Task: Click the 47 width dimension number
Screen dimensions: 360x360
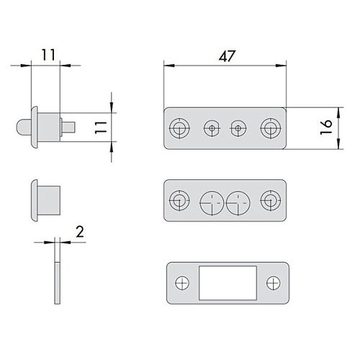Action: pos(227,56)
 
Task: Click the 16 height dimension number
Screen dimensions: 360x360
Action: pos(326,127)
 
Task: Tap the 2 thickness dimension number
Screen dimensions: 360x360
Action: pos(80,232)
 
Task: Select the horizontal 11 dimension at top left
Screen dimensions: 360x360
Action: pos(49,55)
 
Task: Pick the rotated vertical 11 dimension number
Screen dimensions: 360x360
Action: pos(101,127)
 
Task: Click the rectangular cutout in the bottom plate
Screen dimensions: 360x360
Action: pos(228,283)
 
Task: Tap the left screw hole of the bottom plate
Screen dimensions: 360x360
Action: pos(182,283)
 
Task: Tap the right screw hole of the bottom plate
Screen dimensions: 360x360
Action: pos(274,283)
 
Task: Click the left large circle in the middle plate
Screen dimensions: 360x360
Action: pos(212,203)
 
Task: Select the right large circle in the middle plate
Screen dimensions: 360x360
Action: pos(238,203)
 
